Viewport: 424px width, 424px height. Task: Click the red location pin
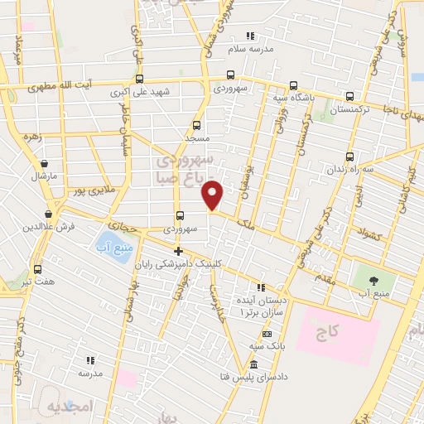(213, 196)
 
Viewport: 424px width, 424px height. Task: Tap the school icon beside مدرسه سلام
(251, 36)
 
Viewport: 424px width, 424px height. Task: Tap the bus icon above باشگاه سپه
(293, 85)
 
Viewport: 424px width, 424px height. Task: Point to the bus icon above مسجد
(193, 123)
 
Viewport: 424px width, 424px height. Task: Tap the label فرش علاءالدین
(38, 226)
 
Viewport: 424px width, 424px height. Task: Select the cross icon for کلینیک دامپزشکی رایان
(177, 251)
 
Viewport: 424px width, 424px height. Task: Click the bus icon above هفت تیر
(37, 269)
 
